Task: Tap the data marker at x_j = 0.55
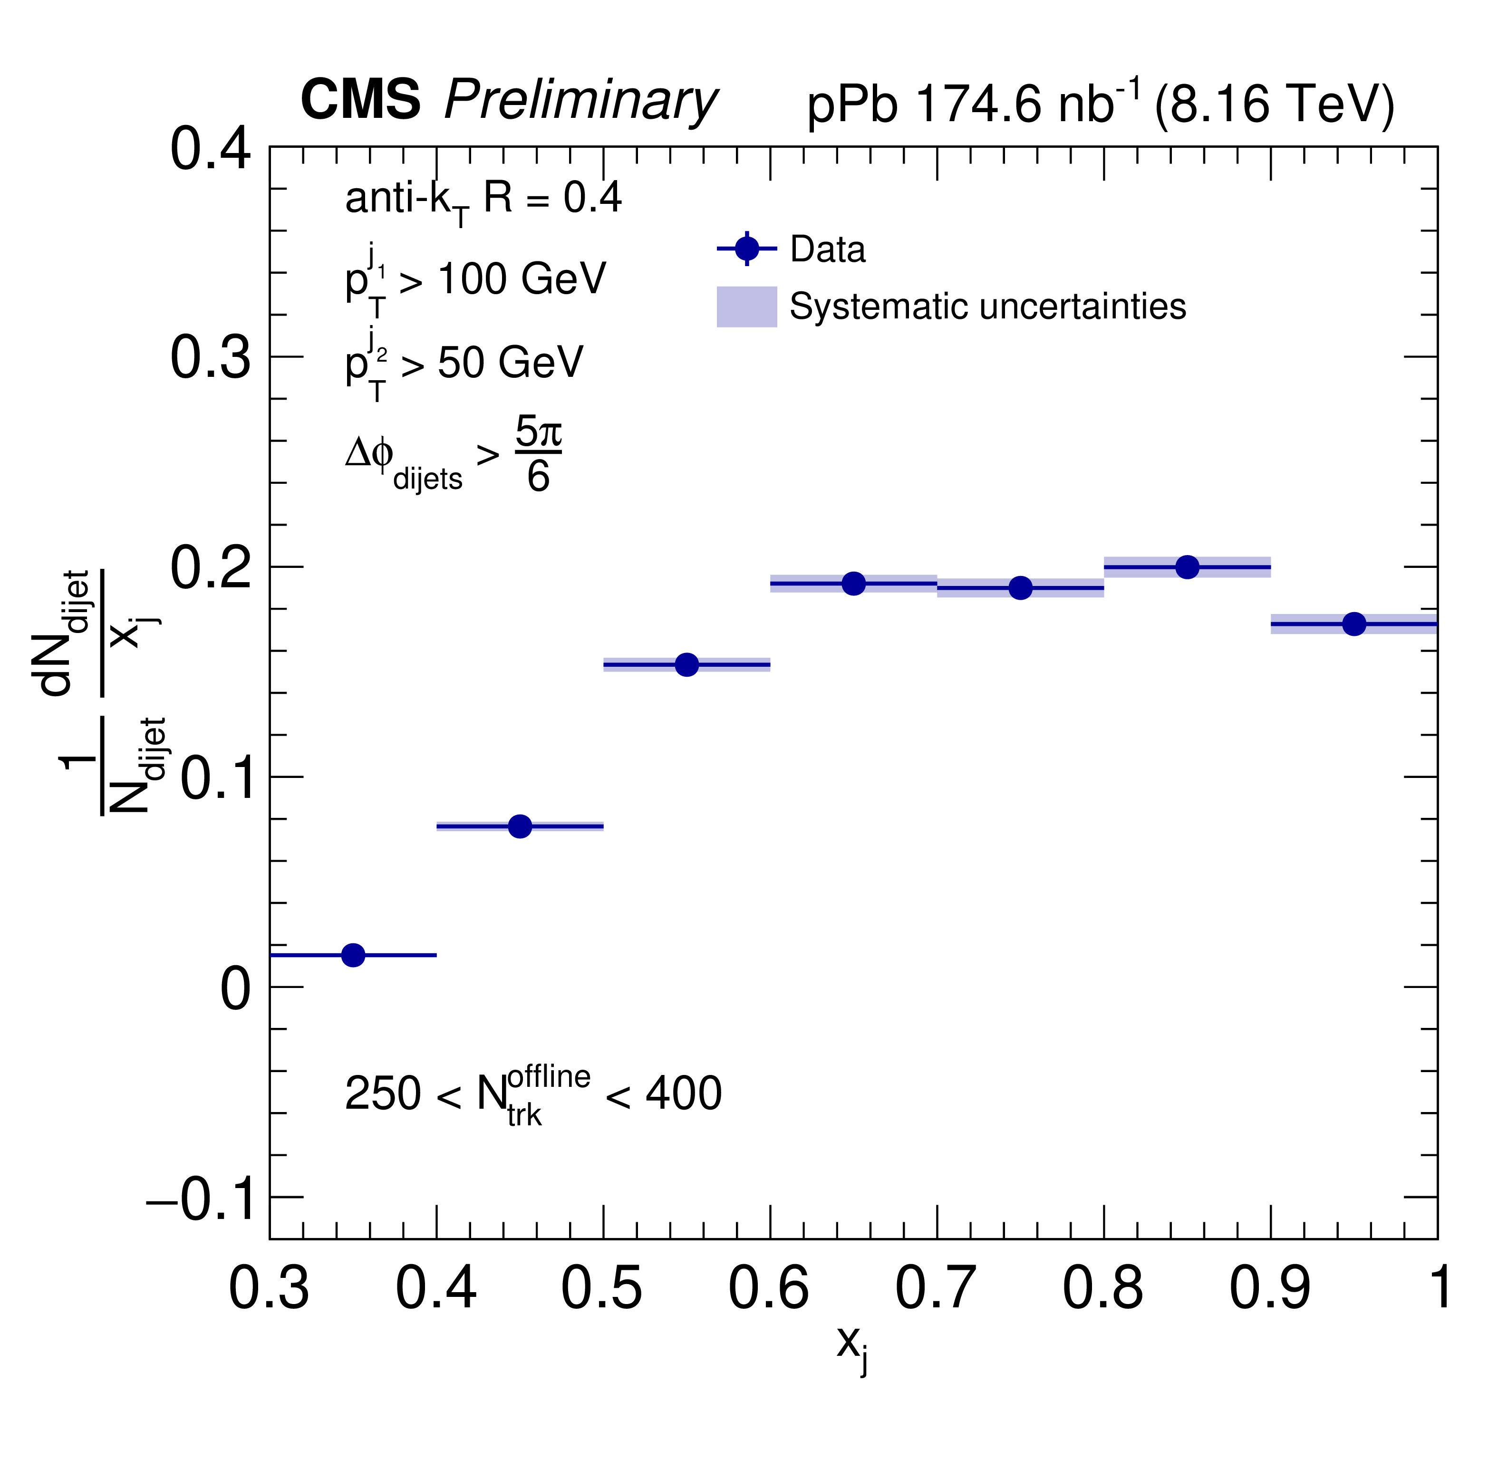point(687,665)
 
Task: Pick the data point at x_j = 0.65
point(854,584)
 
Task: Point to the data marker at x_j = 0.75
point(1020,588)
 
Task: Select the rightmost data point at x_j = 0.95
point(1354,624)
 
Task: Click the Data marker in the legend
point(747,249)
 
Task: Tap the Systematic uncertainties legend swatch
point(747,307)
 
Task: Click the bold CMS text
point(360,99)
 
